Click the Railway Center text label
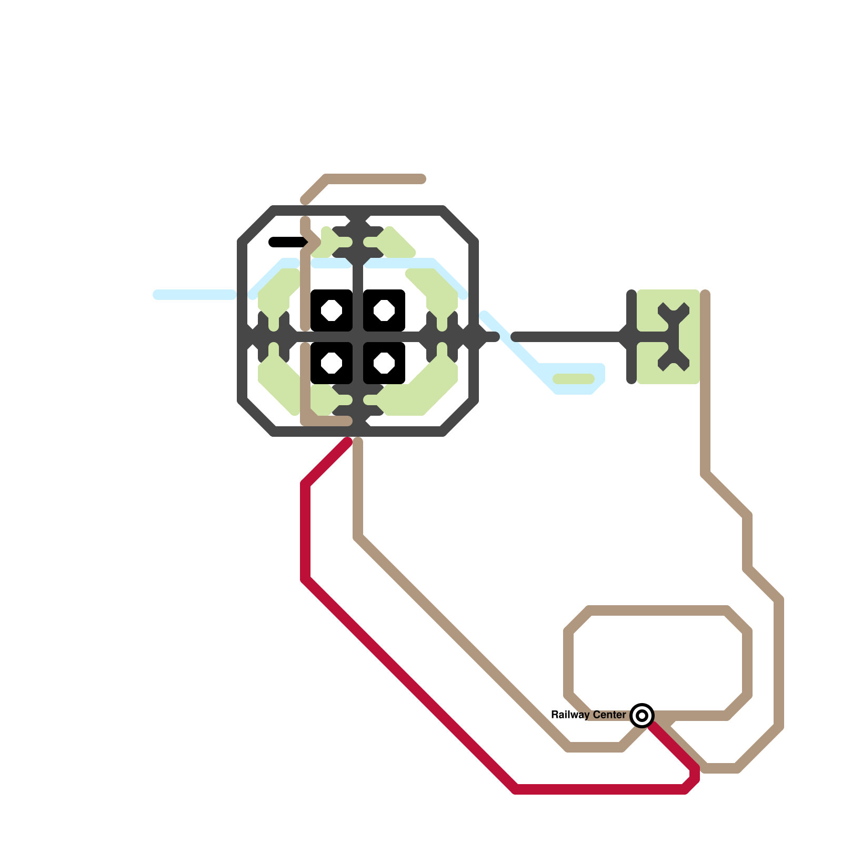(x=588, y=715)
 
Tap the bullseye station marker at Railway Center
(x=642, y=716)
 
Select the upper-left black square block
(x=319, y=298)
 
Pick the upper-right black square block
(x=397, y=298)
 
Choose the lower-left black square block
(x=319, y=376)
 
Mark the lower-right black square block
(x=397, y=376)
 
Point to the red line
(x=410, y=684)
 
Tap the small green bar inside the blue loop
(x=574, y=379)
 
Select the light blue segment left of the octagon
(x=195, y=295)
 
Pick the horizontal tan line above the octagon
(x=374, y=179)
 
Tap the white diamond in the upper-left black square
(x=332, y=310)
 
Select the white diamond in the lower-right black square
(x=384, y=363)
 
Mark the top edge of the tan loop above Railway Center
(x=658, y=610)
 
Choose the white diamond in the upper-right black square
(x=384, y=310)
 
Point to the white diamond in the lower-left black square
(x=332, y=363)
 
